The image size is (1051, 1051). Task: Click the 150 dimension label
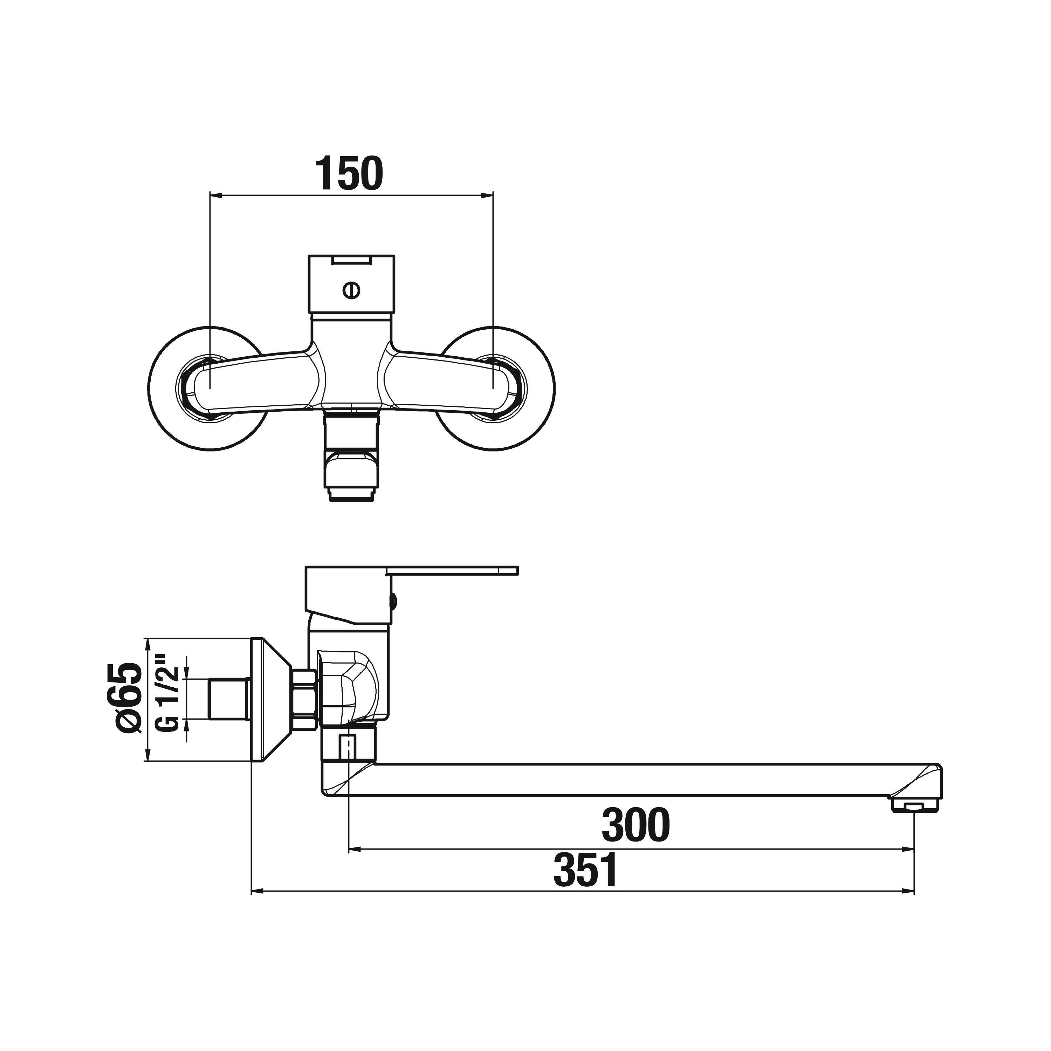[350, 173]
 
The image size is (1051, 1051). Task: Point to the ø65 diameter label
[130, 698]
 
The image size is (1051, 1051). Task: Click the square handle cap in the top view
[351, 284]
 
